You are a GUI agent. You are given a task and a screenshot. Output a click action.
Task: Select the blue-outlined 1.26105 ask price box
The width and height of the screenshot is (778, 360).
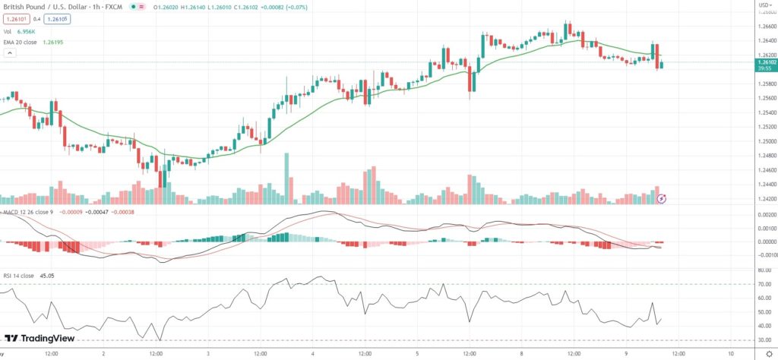57,19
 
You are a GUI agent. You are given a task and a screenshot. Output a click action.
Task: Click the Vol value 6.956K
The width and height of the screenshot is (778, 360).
26,31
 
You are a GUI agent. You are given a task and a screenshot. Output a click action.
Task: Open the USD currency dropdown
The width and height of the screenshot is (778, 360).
764,5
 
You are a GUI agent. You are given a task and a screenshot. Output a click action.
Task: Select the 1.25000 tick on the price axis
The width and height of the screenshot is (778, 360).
765,141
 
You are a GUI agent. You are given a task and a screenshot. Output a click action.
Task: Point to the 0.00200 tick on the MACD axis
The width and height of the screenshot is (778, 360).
764,216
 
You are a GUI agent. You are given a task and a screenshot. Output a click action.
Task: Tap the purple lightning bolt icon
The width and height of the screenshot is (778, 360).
661,199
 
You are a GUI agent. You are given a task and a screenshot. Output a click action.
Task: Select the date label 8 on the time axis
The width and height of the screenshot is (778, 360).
522,353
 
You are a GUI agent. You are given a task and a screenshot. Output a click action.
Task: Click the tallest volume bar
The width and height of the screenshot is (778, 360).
286,178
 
